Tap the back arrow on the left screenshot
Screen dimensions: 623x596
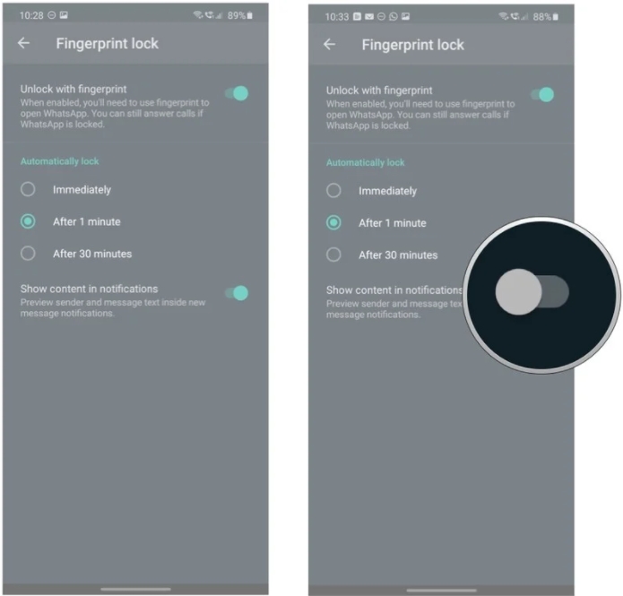tap(24, 43)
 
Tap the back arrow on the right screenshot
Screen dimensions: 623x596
tap(329, 44)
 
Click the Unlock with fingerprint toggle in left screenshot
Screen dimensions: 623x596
tap(237, 93)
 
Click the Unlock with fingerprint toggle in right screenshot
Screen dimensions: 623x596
tap(542, 95)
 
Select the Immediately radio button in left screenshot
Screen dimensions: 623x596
tap(28, 189)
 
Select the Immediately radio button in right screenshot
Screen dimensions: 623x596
tap(333, 190)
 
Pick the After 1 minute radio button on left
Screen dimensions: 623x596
tap(28, 221)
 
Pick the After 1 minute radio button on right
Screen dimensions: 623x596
tap(333, 222)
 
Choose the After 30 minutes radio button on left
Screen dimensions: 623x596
tap(28, 253)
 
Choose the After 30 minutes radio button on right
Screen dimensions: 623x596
tap(333, 255)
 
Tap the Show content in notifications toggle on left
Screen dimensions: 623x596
tap(237, 293)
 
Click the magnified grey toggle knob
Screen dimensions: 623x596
tap(518, 291)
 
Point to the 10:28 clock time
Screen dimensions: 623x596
tap(31, 15)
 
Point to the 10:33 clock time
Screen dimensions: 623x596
tap(337, 17)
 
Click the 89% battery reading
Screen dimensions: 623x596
tap(237, 15)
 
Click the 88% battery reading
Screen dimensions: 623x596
tap(542, 17)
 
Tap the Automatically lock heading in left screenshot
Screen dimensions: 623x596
tap(59, 161)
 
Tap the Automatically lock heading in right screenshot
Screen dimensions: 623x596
tap(365, 162)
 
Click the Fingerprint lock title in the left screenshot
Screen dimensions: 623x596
tap(108, 43)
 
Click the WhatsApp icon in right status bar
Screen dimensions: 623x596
tap(394, 17)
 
